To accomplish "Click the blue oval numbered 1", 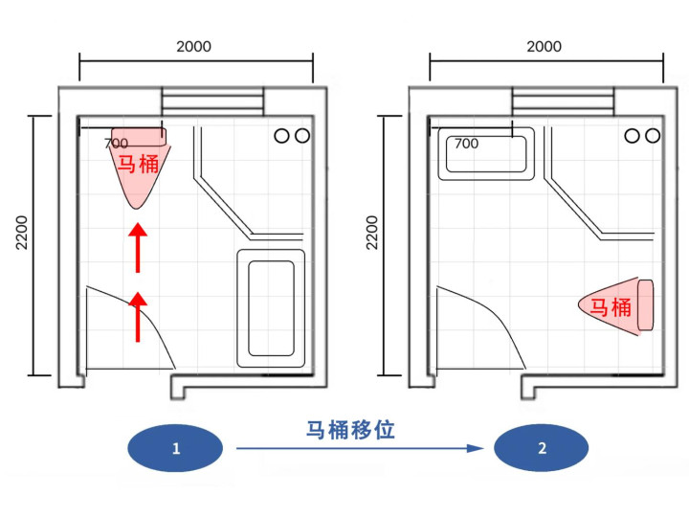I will coord(175,448).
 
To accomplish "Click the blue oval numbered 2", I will coord(542,448).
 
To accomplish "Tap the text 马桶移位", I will coord(349,430).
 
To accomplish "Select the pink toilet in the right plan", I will coord(616,306).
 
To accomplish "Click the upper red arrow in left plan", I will coord(139,245).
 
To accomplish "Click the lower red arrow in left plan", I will coord(139,316).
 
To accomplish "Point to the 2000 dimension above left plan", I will coord(194,46).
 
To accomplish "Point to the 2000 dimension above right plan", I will coord(544,46).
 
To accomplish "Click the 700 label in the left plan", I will coord(116,144).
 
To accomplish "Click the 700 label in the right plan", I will coord(466,144).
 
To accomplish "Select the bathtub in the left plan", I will coord(270,308).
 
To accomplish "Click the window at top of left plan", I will coord(211,101).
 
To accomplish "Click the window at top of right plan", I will coord(562,101).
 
